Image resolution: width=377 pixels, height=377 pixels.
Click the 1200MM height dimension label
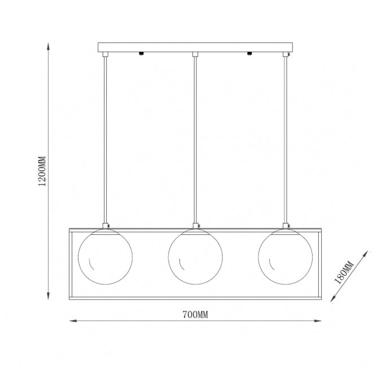click(x=42, y=171)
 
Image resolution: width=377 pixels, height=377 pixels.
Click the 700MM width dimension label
click(x=195, y=314)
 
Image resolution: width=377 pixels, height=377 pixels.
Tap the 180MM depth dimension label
click(x=344, y=273)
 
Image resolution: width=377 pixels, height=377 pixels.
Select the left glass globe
click(x=106, y=257)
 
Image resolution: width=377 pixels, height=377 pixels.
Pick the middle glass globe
click(x=195, y=257)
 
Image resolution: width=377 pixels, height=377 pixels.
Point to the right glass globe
click(x=286, y=257)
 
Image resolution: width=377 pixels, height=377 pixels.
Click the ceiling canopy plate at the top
click(x=195, y=47)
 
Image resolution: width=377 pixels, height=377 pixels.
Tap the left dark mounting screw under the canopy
click(x=141, y=54)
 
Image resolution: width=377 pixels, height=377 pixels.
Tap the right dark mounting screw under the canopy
click(x=249, y=54)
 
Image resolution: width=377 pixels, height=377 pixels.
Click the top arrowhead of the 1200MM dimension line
click(x=48, y=46)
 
